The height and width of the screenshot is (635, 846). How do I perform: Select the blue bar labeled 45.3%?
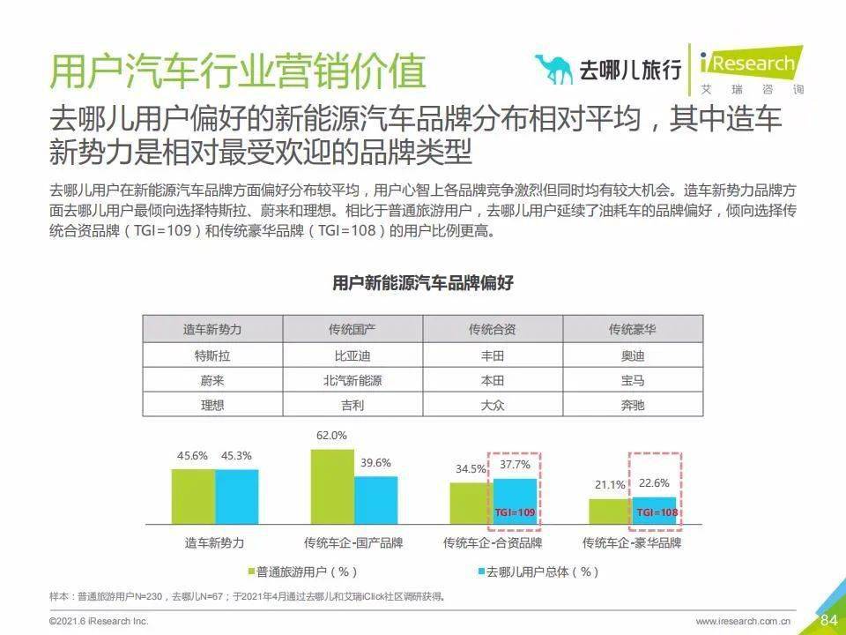pos(237,497)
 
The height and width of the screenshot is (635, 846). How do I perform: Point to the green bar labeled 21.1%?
pos(610,512)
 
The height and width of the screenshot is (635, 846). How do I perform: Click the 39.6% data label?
pos(375,462)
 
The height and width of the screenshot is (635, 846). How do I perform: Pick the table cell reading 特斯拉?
pos(212,356)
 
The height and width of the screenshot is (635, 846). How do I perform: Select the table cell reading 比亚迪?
pos(352,356)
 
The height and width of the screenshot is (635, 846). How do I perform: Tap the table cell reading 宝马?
pos(632,381)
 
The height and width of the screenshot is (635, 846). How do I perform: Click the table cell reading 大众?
pos(492,406)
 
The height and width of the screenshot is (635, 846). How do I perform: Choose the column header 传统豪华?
pos(632,329)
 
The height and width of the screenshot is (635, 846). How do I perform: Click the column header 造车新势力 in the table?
pos(212,329)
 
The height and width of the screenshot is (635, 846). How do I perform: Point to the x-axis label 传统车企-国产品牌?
pos(352,542)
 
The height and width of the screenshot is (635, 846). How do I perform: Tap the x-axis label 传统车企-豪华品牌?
pos(632,542)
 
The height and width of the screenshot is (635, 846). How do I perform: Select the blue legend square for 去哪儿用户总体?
pos(482,571)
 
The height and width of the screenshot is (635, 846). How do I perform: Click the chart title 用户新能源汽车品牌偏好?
pos(423,283)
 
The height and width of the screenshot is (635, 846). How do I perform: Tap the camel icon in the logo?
pos(553,69)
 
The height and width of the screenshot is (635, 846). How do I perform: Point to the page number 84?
pos(828,619)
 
